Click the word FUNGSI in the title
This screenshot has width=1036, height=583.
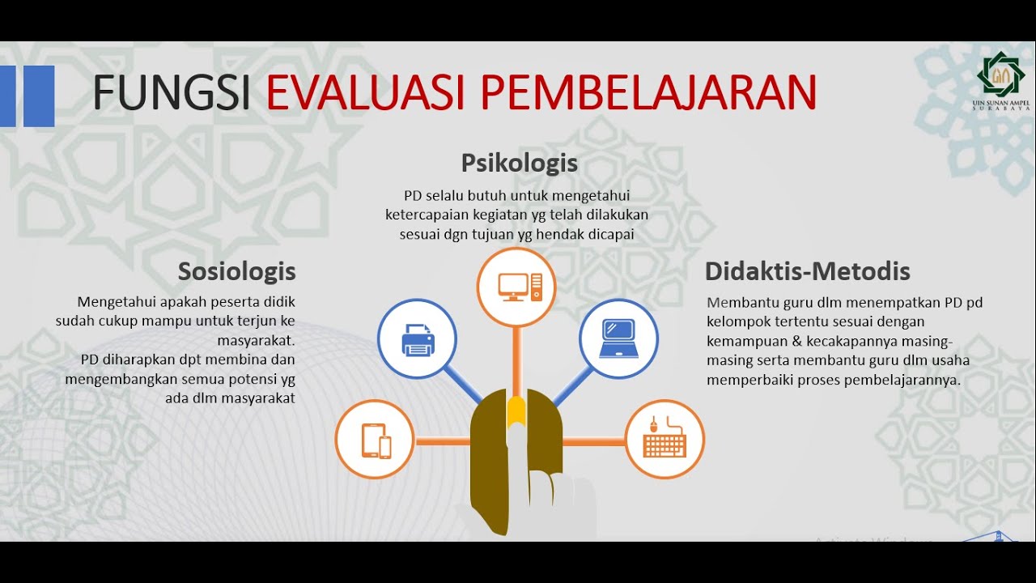172,92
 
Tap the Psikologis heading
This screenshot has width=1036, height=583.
519,163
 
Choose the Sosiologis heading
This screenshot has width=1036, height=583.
236,270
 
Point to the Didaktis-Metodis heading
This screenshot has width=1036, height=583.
807,270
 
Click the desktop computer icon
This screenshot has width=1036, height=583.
516,287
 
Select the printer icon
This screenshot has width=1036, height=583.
418,339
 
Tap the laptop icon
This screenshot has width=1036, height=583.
619,339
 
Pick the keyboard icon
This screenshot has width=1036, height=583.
664,440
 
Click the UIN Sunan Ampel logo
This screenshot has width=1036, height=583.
1000,78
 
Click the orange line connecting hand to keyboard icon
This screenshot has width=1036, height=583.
593,441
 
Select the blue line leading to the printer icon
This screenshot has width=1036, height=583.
463,382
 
